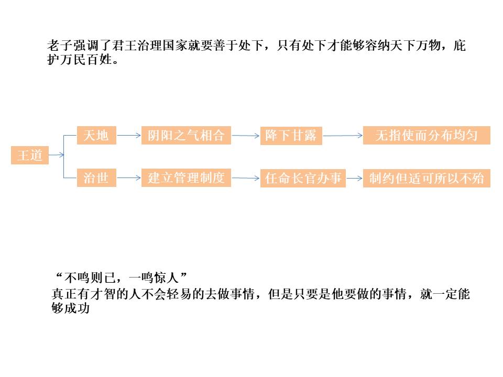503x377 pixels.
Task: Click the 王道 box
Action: [30, 156]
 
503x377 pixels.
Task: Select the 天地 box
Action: [96, 135]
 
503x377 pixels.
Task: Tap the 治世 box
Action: [96, 178]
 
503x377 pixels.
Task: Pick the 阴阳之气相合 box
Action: [186, 135]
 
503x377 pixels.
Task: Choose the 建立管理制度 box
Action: [186, 178]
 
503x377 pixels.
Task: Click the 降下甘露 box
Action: [291, 136]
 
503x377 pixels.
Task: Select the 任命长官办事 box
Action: [303, 179]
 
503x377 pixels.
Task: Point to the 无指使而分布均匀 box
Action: [427, 136]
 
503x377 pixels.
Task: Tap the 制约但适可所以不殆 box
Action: [427, 179]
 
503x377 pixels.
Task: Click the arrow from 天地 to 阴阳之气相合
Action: [129, 135]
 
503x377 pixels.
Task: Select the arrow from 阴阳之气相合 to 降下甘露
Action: [246, 136]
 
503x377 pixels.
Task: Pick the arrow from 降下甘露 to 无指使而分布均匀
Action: [343, 136]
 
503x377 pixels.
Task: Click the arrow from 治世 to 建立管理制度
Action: [129, 178]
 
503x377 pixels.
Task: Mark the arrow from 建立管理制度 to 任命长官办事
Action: [246, 179]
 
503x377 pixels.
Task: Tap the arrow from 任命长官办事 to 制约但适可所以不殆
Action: [354, 179]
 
